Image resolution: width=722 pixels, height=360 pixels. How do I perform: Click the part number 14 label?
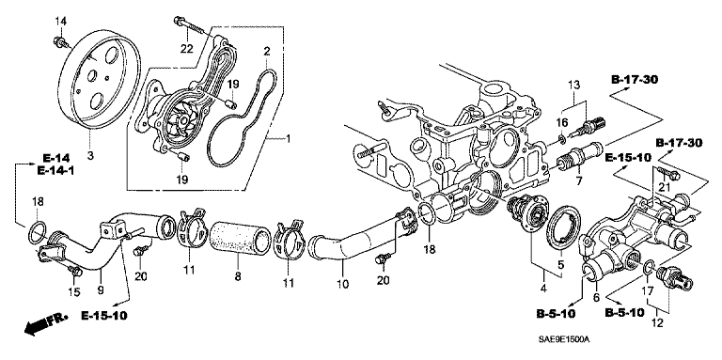[61, 21]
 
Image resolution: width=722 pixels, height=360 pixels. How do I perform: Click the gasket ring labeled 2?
[241, 117]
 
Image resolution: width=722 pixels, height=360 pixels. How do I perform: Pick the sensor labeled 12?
[676, 279]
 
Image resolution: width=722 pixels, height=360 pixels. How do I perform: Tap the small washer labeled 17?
[649, 268]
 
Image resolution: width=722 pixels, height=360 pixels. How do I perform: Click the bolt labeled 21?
[670, 174]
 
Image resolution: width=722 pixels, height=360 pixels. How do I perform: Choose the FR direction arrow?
[45, 324]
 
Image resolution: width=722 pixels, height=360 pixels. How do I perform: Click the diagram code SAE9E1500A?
[564, 339]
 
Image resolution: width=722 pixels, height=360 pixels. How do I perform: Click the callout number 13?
[574, 86]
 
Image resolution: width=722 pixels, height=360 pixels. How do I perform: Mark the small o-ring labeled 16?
[563, 138]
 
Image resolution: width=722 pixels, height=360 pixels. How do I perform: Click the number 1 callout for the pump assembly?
[289, 137]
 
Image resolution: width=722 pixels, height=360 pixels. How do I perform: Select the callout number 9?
[101, 290]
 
